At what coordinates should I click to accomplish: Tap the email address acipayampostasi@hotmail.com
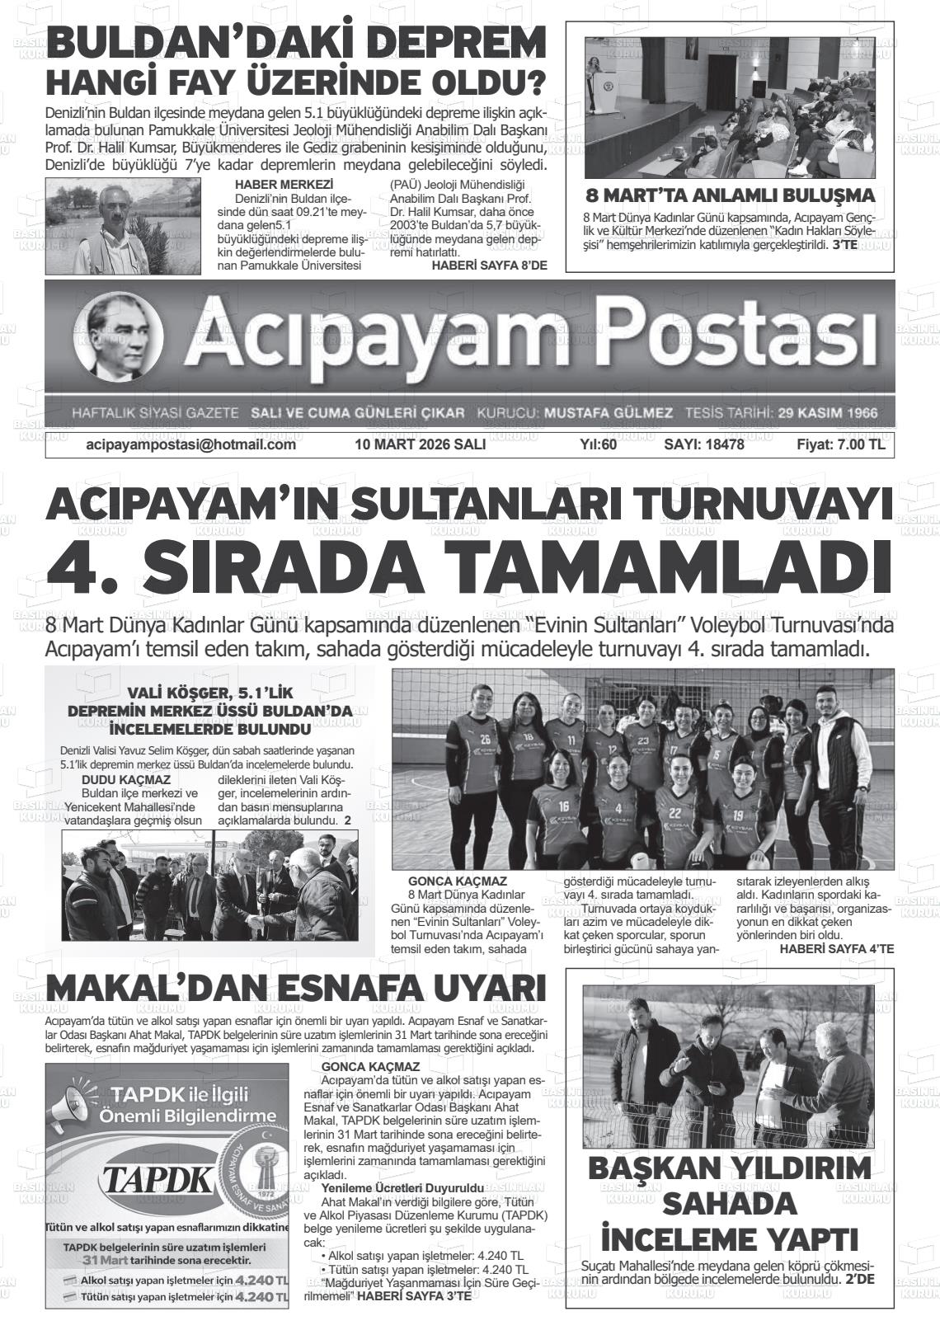click(x=190, y=444)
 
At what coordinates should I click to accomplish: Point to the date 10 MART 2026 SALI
click(x=420, y=444)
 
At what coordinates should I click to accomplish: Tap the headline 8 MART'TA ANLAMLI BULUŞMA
click(x=730, y=196)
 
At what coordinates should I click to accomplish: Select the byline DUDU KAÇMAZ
click(x=126, y=779)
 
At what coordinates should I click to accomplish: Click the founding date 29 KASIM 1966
click(x=827, y=412)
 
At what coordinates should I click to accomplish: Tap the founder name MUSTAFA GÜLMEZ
click(x=609, y=412)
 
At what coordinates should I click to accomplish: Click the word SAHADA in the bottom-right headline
click(x=730, y=1204)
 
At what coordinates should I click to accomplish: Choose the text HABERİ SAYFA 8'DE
click(x=489, y=265)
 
